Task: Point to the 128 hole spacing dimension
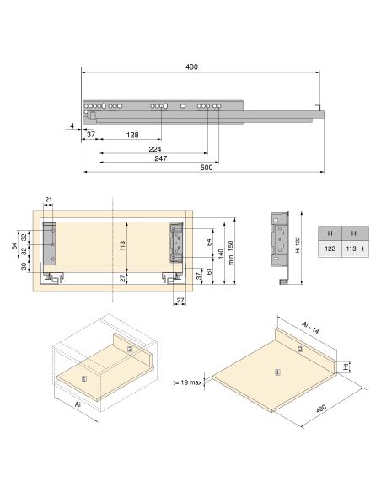pos(132,135)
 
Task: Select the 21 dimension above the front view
pos(49,200)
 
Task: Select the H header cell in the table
pos(330,233)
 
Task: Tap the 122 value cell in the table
pos(330,249)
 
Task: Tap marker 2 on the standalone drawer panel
pos(300,348)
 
